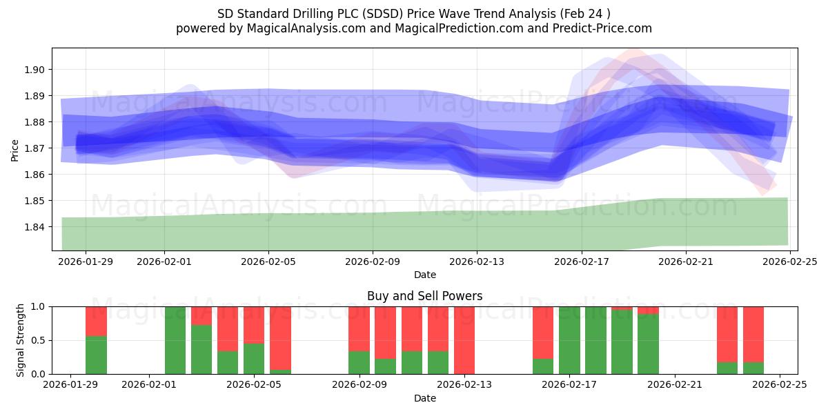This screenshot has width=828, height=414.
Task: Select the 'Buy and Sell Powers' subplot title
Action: point(424,296)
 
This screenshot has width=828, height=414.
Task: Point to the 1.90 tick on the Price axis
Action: point(35,70)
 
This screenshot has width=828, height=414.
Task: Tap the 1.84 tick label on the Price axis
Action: point(35,227)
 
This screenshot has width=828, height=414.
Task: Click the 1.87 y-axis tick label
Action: point(35,148)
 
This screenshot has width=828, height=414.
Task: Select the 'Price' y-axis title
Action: point(15,150)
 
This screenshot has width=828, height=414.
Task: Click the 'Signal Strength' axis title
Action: point(21,340)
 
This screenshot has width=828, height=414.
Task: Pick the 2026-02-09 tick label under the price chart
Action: point(373,262)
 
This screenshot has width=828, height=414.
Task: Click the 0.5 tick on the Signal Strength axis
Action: point(38,340)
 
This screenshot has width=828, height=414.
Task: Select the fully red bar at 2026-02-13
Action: point(464,340)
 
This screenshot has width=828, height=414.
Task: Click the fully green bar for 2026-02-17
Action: point(569,340)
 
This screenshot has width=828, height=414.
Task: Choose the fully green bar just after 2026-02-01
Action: point(175,340)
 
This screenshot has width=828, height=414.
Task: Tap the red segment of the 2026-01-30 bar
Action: point(96,321)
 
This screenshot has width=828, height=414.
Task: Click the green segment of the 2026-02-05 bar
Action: point(254,359)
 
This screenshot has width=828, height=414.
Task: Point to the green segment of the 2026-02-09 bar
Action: point(359,363)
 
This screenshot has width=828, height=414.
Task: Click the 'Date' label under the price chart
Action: point(424,275)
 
